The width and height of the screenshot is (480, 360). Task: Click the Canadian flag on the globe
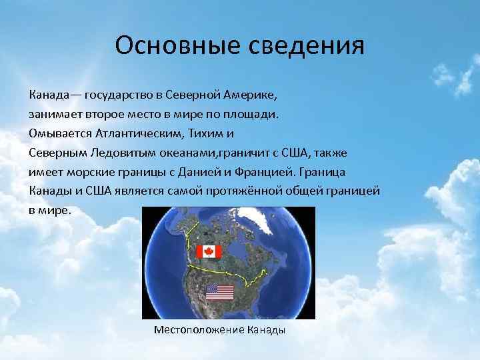coord(209,251)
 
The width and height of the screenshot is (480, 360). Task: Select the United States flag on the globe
coord(219,291)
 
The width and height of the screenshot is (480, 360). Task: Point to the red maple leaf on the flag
coord(209,251)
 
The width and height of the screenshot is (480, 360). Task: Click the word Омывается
coord(57,133)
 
